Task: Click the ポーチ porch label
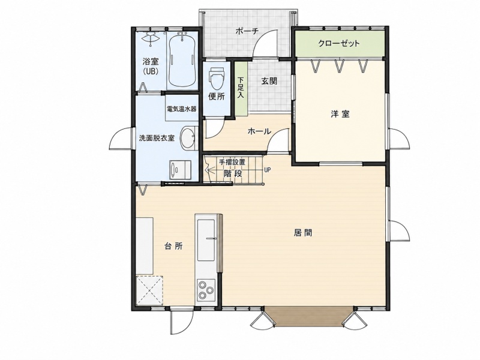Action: (x=247, y=31)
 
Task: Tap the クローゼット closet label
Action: (x=339, y=43)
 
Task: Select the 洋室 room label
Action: (x=340, y=114)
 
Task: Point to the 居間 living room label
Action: (x=303, y=233)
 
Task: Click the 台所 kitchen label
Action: (x=173, y=246)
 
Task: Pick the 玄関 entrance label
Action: (x=269, y=81)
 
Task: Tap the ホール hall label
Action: (x=259, y=131)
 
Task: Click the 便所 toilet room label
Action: (x=217, y=97)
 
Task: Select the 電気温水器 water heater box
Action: (x=181, y=109)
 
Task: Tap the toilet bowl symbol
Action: (x=217, y=77)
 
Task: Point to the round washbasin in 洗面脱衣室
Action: (x=188, y=138)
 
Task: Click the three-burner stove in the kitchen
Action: (x=206, y=289)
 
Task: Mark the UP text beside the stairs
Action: (x=267, y=170)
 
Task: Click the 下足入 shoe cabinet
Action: (x=241, y=89)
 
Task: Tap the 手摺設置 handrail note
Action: (x=232, y=162)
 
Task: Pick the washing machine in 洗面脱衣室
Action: (x=180, y=170)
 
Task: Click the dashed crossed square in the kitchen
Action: (x=149, y=290)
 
